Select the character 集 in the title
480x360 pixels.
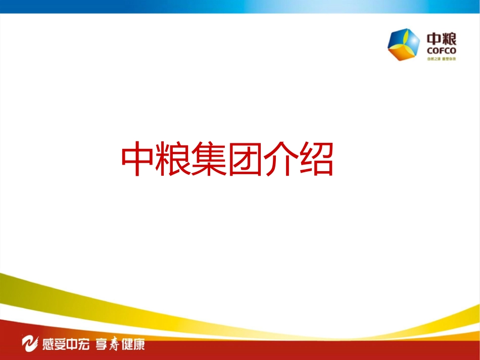209,160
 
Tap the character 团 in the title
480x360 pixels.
245,160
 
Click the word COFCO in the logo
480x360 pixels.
442,50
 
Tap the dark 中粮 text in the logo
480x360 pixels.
442,39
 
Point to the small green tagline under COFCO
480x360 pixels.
442,59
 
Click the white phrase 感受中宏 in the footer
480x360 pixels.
67,344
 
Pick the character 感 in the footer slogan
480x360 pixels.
50,344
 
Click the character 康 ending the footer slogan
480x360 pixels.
139,344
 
